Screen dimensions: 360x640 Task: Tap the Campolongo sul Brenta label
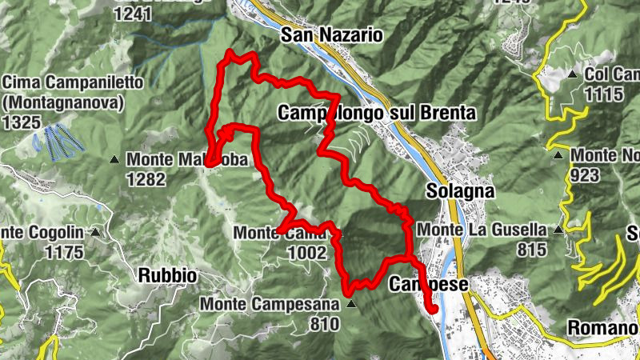(377, 113)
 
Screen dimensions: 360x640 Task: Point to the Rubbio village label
(167, 275)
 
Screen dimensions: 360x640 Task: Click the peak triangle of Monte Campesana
(350, 304)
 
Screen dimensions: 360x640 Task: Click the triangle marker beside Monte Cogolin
(96, 233)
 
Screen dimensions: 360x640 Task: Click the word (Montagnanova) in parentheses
(63, 102)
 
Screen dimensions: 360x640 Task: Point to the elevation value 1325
(22, 122)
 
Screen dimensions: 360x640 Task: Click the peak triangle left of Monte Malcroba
(115, 159)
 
